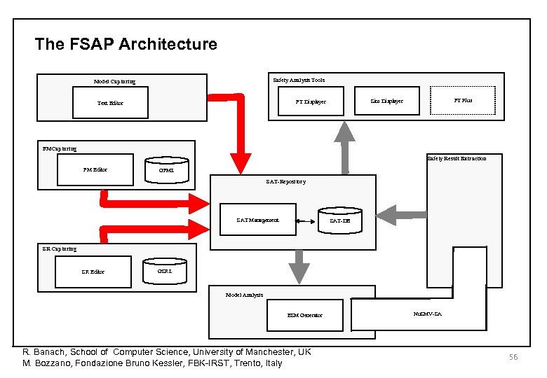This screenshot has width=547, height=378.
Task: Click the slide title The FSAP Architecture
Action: point(126,45)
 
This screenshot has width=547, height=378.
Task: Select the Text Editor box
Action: point(109,103)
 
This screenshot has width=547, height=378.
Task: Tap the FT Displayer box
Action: point(310,101)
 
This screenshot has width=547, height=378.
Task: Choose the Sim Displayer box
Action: point(386,101)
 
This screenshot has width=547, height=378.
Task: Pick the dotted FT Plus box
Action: point(462,101)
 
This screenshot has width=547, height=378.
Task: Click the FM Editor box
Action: point(95,169)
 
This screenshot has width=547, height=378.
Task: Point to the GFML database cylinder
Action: point(166,169)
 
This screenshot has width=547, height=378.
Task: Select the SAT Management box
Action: point(258,220)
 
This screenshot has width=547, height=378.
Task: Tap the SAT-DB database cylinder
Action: point(340,219)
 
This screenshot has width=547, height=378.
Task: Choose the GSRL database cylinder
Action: point(165,270)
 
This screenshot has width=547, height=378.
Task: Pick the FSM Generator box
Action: point(305,315)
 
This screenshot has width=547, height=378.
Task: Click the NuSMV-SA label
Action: point(428,314)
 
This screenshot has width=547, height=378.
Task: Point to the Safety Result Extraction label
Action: point(457,159)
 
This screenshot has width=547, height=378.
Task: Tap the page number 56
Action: point(513,357)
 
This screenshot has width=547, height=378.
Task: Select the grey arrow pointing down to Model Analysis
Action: point(299,266)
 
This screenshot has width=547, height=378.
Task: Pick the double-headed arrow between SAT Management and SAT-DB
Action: point(307,220)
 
